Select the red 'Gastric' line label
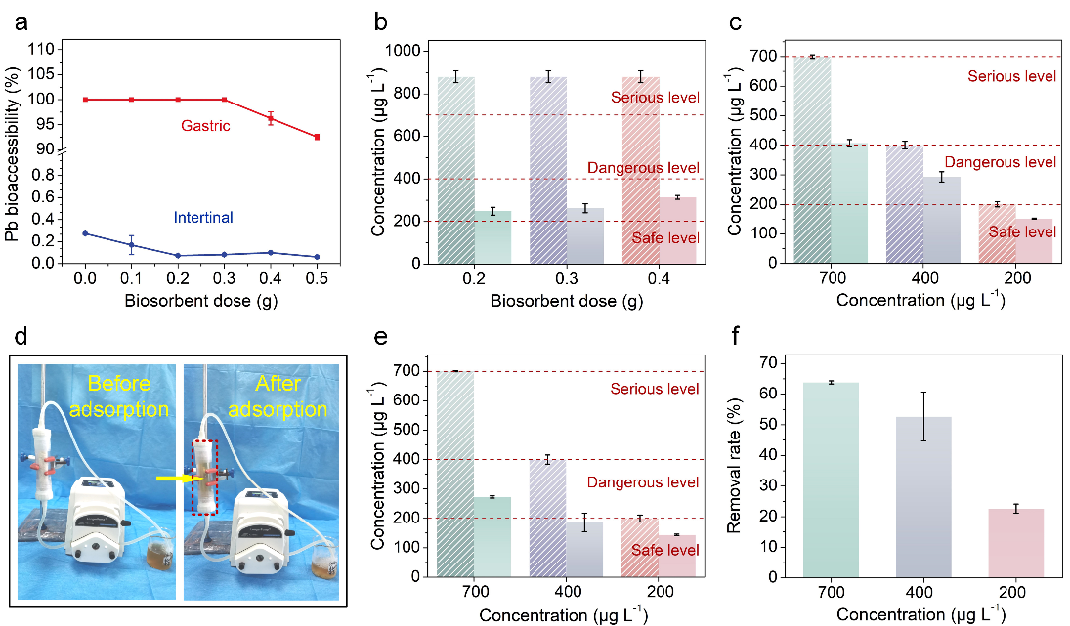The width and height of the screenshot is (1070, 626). (206, 127)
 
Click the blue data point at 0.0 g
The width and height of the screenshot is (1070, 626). (85, 233)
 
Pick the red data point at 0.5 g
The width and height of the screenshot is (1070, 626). (318, 137)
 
